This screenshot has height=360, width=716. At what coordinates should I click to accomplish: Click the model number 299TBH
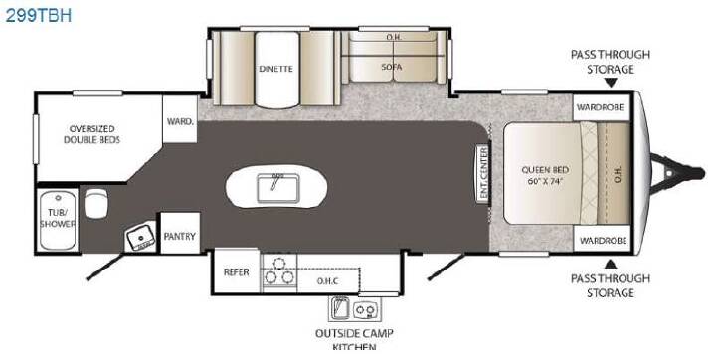coord(39,15)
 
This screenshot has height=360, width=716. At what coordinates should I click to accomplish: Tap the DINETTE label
coord(275,69)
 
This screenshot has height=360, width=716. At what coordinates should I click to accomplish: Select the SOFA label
coord(392,67)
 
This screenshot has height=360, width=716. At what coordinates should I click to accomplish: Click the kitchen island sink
coord(277,188)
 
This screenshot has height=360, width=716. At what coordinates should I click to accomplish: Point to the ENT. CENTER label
coord(483,173)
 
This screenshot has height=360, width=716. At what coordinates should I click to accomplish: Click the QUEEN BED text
coord(545,170)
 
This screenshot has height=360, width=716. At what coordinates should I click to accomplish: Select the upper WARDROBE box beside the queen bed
coord(601,107)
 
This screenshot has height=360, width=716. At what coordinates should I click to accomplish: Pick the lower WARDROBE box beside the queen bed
coord(602,239)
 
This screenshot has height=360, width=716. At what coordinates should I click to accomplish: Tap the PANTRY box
coord(180,234)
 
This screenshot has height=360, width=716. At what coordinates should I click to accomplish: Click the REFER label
coord(236,271)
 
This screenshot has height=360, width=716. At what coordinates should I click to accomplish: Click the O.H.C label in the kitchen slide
coord(328,281)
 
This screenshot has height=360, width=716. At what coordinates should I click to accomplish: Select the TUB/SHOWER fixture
coord(58,220)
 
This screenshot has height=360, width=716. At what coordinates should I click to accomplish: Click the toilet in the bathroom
coord(95,203)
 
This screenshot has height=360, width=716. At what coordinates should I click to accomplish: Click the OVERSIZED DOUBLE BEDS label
coord(91,134)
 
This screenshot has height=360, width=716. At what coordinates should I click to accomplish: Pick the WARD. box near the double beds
coord(180,119)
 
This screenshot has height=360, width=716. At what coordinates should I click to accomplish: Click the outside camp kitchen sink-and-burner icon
coord(354,309)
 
